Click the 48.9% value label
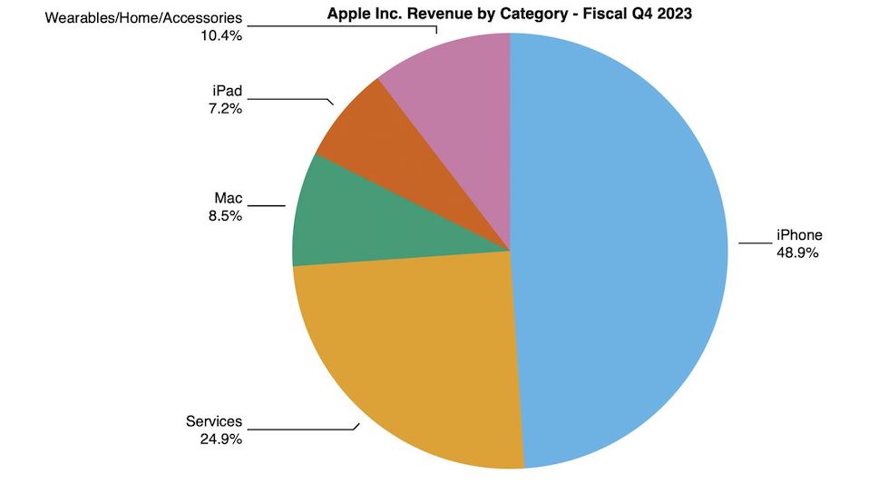[x=797, y=253]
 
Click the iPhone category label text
[x=798, y=236]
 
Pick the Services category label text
[x=214, y=421]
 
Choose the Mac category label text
[x=228, y=198]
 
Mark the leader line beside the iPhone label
[x=753, y=242]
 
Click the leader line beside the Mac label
[x=266, y=205]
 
